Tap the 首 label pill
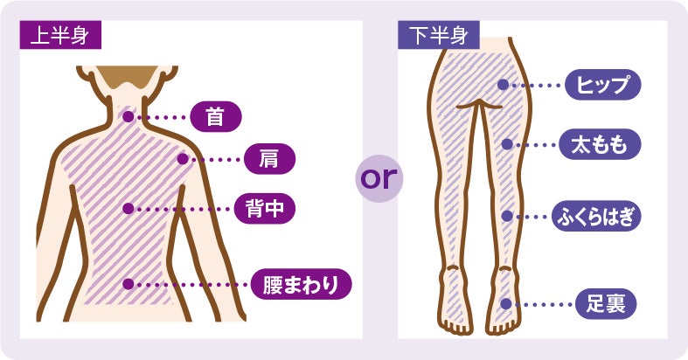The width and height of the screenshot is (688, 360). coord(214,115)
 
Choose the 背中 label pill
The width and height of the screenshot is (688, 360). coord(266,209)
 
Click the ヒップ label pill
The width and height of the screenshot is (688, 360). coord(603,85)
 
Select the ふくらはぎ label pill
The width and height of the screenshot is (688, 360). coord(598,215)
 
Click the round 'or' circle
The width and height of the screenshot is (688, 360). coord(379,178)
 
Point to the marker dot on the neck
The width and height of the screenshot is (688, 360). coord(128,115)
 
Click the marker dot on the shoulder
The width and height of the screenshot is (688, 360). coord(182,159)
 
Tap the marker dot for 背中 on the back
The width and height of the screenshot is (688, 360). coord(128,209)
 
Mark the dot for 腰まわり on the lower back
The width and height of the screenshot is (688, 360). coord(128,284)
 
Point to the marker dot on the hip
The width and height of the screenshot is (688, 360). coord(503,85)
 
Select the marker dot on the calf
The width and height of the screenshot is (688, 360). coord(505,215)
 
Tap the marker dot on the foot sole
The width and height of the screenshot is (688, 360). coord(505,304)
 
